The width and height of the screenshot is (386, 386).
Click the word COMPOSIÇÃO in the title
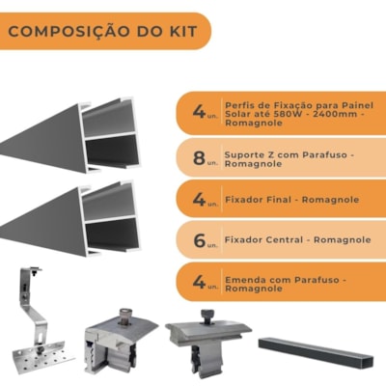pos(69,32)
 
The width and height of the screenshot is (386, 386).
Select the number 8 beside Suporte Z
pos(199,158)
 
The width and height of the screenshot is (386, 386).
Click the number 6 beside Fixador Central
pos(200,240)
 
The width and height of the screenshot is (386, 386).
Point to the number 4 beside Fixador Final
pos(199,200)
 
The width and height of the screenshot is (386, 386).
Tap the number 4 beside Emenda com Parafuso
pos(199,282)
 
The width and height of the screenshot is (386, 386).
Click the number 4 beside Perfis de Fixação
pos(199,111)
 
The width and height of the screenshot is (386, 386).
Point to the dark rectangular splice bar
pos(316,352)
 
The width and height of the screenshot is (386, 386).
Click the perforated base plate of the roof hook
pos(42,357)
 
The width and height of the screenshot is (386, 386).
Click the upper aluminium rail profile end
pos(110,134)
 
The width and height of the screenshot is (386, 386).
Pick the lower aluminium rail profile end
pos(110,218)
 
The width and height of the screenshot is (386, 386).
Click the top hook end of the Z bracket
pos(32,270)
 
